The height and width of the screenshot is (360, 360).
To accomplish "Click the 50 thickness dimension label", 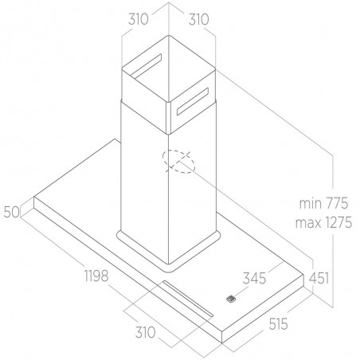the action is pos(12,212).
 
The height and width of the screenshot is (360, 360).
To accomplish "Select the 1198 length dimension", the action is pos(96,276).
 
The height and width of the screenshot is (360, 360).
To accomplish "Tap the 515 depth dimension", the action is pos(278,324).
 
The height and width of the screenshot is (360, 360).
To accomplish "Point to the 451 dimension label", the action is pos(319,278).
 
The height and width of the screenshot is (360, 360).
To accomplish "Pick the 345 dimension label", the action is pos(254,278).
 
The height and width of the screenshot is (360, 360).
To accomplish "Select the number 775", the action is pos(336,204).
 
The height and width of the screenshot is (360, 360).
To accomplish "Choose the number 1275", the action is pos(338,222).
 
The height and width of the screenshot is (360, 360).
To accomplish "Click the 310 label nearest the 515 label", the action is pos(145,332).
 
